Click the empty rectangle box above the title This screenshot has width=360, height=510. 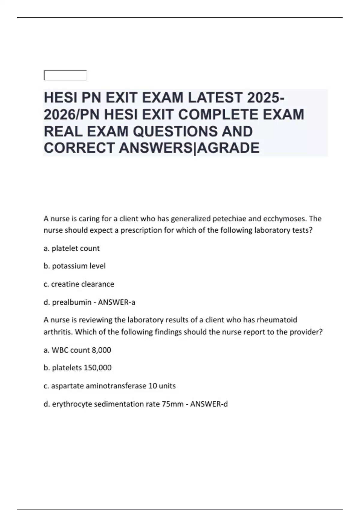click(65, 75)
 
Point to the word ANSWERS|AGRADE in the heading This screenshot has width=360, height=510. click(189, 148)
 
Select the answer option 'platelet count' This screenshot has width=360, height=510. click(75, 248)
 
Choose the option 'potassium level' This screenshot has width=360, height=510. click(79, 266)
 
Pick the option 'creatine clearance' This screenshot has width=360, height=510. click(82, 284)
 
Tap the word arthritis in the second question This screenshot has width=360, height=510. click(58, 332)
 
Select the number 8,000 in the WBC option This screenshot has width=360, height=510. click(101, 350)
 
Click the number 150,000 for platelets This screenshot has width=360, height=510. click(97, 368)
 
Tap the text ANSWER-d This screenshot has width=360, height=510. click(209, 404)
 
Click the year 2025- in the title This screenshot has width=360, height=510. click(266, 98)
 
